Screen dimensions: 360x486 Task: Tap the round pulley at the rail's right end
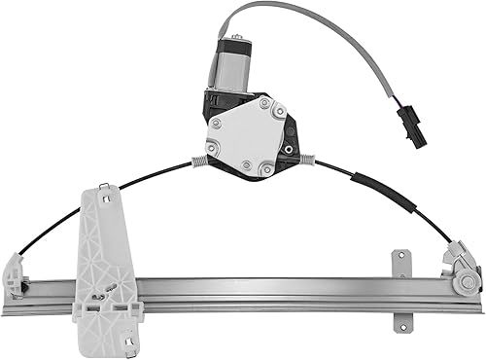coord(467,281)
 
